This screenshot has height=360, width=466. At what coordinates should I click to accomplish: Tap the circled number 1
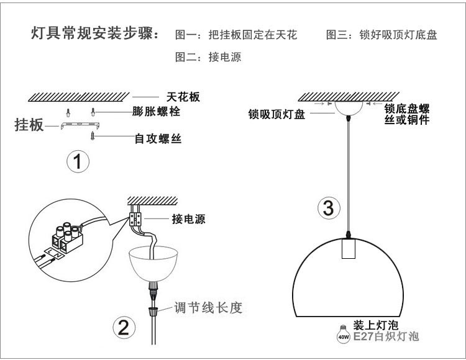[78, 163]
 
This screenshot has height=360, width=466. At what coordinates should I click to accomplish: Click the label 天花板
[184, 97]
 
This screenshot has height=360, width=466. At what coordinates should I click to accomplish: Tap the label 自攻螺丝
[158, 138]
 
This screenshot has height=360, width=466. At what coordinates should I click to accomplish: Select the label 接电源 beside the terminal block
[188, 220]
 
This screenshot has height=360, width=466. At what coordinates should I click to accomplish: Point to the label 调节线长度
[208, 307]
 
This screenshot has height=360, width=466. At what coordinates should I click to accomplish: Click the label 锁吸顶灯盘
[276, 114]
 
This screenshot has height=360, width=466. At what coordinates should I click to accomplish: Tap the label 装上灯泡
[375, 325]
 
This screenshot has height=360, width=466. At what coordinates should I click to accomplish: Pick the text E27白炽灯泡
[385, 336]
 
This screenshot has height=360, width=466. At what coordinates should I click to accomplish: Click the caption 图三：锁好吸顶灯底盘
[381, 35]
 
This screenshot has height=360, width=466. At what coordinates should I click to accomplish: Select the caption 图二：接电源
[209, 57]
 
